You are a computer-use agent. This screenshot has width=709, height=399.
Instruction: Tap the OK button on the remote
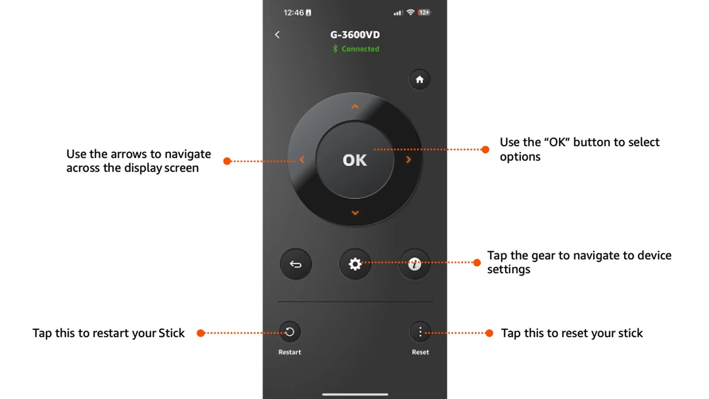(355, 160)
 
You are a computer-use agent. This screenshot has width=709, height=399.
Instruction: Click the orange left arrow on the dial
(302, 160)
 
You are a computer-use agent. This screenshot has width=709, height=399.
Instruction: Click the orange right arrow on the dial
(408, 160)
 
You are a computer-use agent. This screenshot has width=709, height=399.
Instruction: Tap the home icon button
(420, 79)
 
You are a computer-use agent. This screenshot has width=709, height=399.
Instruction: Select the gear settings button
(355, 264)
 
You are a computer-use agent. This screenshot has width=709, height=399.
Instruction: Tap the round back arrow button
(296, 264)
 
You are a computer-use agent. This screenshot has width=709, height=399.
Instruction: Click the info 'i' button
(414, 264)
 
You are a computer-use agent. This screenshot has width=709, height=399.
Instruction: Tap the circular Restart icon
(289, 332)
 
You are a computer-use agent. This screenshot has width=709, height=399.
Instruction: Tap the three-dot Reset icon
(420, 332)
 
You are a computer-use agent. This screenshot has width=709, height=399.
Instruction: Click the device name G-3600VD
(355, 35)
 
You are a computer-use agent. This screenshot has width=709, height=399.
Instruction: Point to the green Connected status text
(360, 49)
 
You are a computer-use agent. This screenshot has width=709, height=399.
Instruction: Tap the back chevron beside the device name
(277, 35)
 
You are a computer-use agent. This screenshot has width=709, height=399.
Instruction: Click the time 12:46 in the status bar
(293, 13)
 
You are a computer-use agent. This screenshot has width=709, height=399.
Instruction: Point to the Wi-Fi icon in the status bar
(410, 12)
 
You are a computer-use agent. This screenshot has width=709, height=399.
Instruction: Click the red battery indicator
(424, 12)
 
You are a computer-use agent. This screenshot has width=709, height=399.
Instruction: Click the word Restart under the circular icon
(289, 352)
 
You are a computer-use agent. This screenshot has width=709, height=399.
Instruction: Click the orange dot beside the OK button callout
(485, 149)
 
